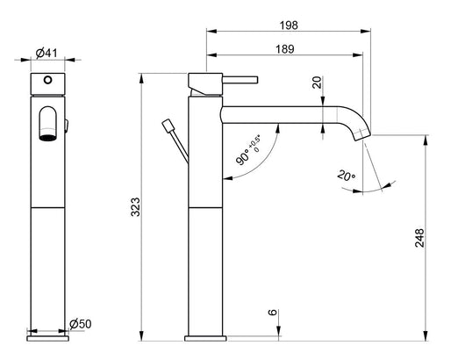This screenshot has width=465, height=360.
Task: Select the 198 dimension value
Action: pos(286,25)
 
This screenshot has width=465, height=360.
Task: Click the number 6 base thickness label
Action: pos(273,313)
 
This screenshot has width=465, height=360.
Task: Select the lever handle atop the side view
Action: pos(224,81)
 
